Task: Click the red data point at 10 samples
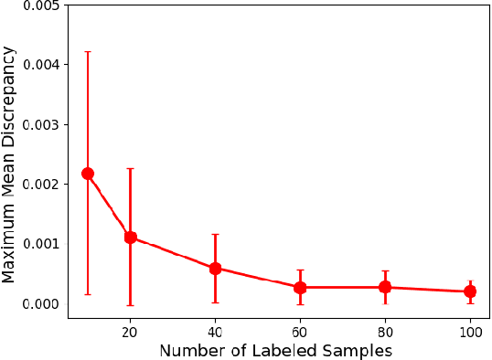coord(88,174)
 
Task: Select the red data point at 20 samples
coord(130,238)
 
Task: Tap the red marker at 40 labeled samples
coord(215,269)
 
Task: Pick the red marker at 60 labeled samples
coord(300,288)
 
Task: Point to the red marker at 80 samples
coord(385,288)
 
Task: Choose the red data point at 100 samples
coord(470,291)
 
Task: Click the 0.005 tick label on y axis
coord(41,6)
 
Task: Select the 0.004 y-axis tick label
coord(41,65)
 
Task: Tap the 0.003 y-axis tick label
coord(41,124)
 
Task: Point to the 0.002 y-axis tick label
coord(41,185)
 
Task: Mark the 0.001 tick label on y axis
coord(41,244)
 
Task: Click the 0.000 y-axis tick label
coord(41,303)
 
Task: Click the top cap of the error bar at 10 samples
coord(88,52)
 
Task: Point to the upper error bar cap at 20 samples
coord(130,169)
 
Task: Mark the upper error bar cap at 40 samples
coord(215,235)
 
